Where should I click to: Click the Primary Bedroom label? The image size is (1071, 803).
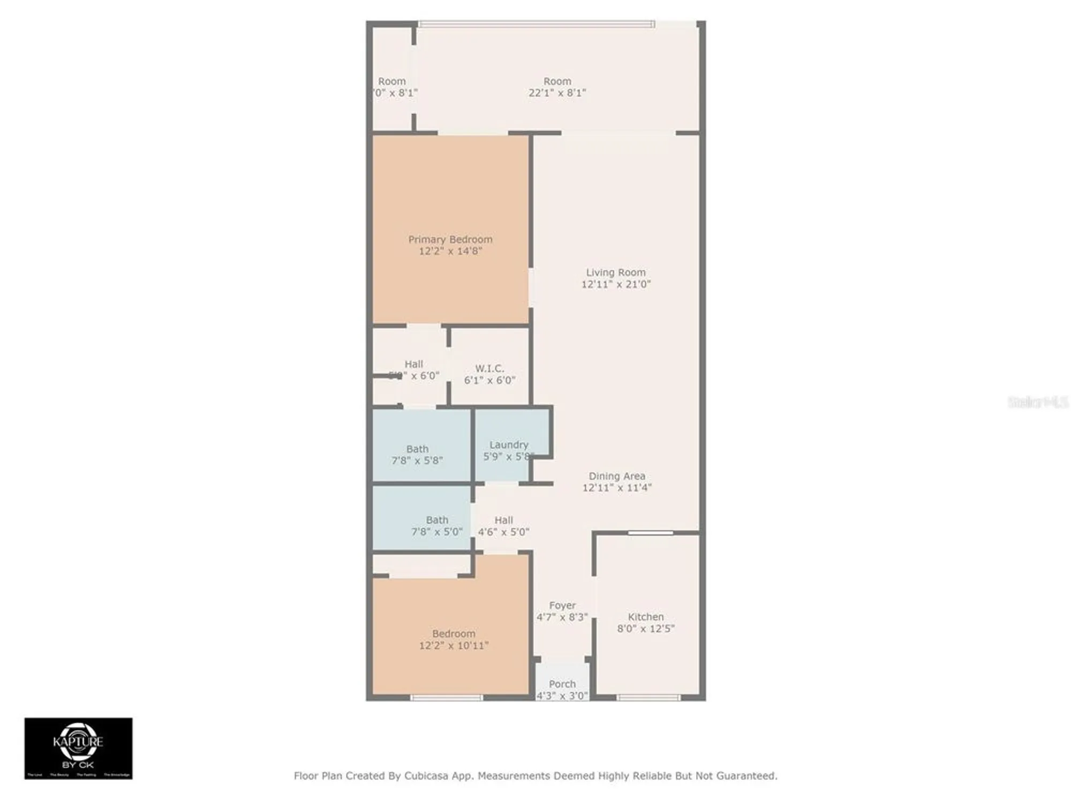pyautogui.click(x=450, y=239)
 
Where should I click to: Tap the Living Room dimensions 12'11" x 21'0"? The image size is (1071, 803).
pyautogui.click(x=616, y=284)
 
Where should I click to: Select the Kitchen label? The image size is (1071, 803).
pyautogui.click(x=645, y=617)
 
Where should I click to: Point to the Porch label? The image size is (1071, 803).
pyautogui.click(x=562, y=684)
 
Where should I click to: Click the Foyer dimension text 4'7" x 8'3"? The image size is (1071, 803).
pyautogui.click(x=562, y=617)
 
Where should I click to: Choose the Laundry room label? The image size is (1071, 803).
pyautogui.click(x=509, y=444)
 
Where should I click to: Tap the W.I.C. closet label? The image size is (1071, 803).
pyautogui.click(x=489, y=368)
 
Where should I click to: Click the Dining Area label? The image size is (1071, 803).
pyautogui.click(x=617, y=476)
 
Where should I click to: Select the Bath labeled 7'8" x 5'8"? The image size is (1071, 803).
pyautogui.click(x=417, y=454)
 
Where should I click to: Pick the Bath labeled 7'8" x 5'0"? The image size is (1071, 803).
pyautogui.click(x=437, y=526)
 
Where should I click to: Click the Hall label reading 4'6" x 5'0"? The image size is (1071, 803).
pyautogui.click(x=503, y=526)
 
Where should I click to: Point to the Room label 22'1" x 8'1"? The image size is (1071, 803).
pyautogui.click(x=557, y=87)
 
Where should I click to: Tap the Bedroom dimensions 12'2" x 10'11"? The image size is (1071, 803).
pyautogui.click(x=454, y=646)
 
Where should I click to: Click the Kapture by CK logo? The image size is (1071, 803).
pyautogui.click(x=78, y=748)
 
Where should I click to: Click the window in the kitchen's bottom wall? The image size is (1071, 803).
pyautogui.click(x=648, y=698)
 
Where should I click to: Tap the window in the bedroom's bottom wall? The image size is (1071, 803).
pyautogui.click(x=446, y=698)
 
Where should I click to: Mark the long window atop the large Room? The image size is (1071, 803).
pyautogui.click(x=535, y=24)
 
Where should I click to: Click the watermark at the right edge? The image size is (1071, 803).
pyautogui.click(x=1038, y=402)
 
